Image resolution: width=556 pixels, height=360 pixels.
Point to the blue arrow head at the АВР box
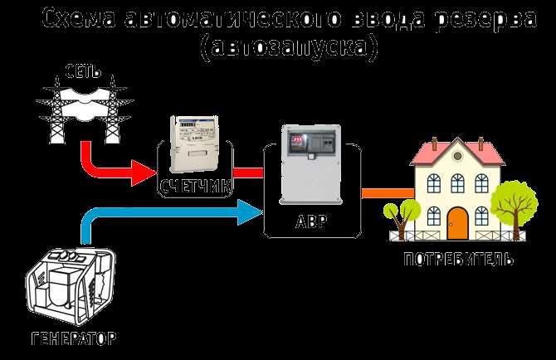249,215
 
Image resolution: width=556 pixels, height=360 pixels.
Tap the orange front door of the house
457,221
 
